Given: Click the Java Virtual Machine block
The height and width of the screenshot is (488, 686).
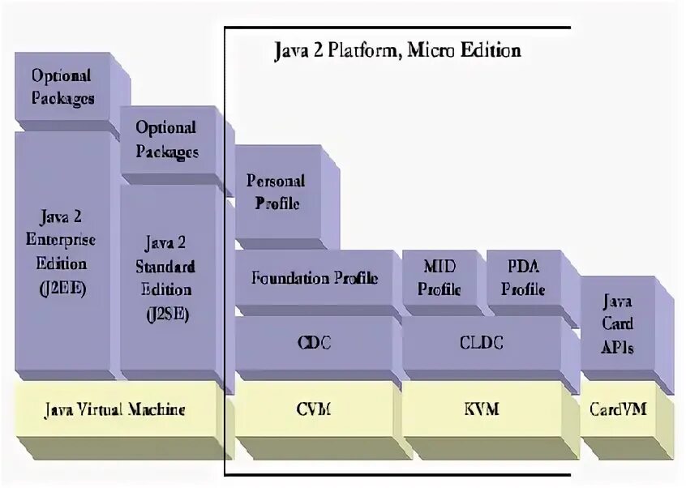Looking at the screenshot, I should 114,409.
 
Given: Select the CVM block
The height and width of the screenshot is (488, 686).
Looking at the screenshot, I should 313,409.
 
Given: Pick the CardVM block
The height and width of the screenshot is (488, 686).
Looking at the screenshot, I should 620,409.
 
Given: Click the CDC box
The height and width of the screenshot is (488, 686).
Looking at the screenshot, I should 313,343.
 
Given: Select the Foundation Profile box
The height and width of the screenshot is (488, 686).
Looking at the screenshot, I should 313,279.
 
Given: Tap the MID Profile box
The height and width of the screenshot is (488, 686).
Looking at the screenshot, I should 441,277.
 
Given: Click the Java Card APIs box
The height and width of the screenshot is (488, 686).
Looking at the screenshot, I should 618,324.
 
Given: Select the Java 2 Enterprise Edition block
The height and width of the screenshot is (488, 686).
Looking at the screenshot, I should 62,252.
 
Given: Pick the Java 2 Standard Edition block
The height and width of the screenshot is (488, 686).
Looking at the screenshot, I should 169,277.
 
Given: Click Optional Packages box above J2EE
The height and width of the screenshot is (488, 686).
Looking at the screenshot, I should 62,87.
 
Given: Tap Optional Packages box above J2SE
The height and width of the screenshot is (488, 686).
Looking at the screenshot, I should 166,139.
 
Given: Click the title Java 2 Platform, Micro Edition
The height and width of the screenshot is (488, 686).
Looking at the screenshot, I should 395,50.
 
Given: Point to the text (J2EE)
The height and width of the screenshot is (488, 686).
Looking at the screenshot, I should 62,287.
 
